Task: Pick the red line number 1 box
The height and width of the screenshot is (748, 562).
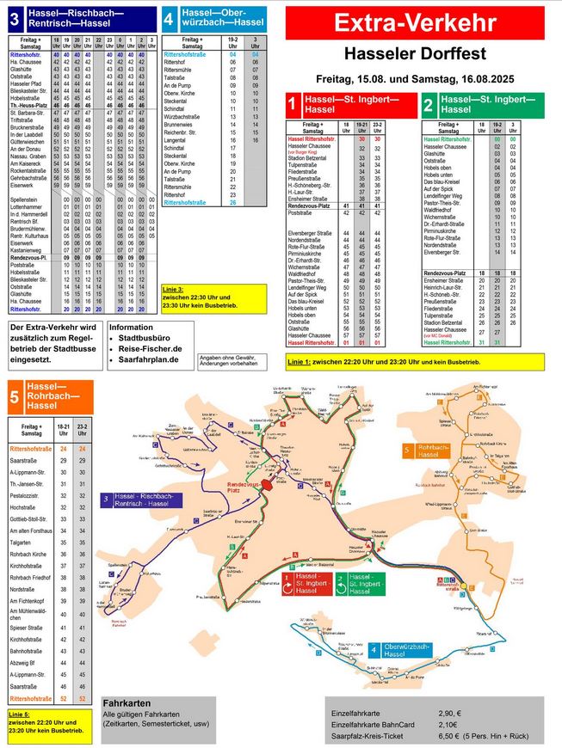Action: pos(293,105)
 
